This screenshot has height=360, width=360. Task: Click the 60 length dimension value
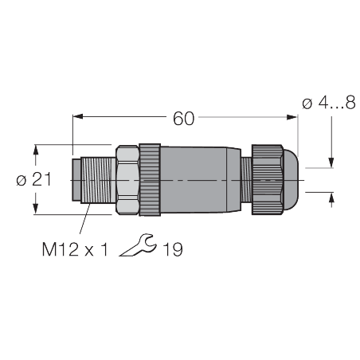click(x=184, y=119)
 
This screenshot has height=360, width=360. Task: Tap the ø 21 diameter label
click(x=33, y=180)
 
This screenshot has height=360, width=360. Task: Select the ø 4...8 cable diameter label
click(x=329, y=104)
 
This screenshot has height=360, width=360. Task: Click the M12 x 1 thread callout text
click(x=74, y=249)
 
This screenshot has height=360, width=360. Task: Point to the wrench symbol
click(x=137, y=247)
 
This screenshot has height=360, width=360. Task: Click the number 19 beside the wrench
click(x=172, y=249)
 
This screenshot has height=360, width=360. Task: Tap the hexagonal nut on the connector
click(x=127, y=180)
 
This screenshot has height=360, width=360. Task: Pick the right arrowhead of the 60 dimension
click(x=294, y=119)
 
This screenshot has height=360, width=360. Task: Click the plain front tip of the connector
click(x=75, y=180)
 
